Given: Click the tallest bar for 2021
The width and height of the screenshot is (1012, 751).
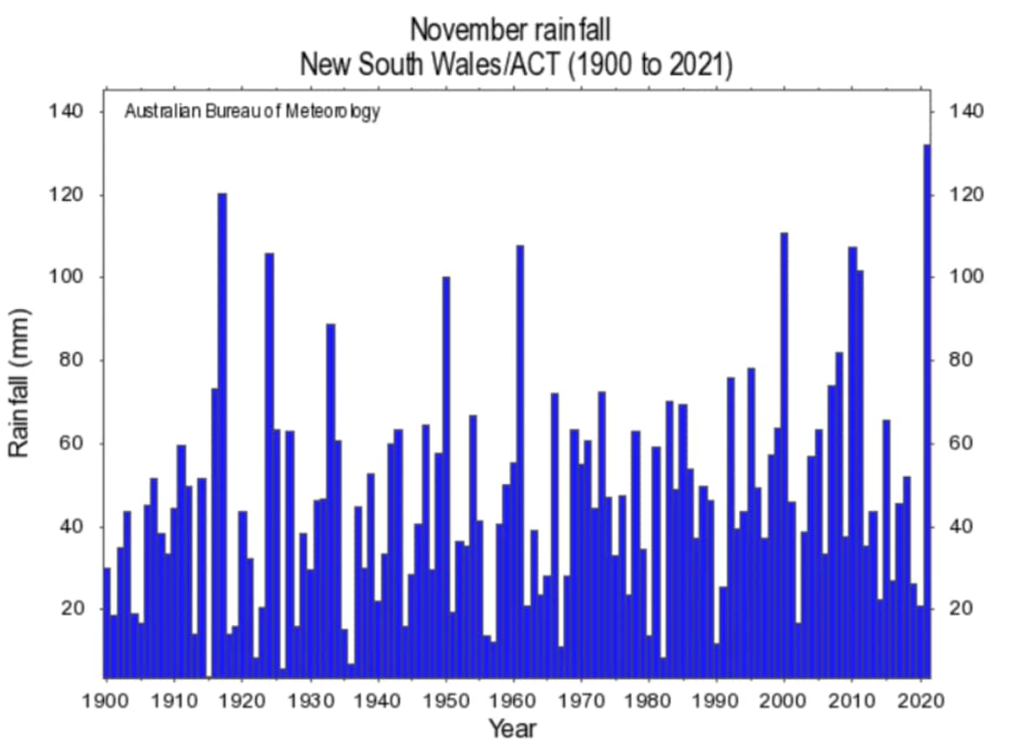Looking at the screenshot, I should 927,412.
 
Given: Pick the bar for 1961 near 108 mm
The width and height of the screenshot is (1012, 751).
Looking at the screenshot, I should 520,461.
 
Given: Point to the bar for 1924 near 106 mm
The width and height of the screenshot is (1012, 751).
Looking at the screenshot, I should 270,465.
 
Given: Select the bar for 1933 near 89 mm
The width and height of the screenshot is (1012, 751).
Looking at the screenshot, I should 331,501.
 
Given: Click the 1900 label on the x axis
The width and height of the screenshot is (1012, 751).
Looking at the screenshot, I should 106,699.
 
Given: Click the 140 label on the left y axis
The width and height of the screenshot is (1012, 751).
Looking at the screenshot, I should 67,112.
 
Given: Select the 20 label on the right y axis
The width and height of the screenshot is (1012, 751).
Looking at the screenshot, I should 962,608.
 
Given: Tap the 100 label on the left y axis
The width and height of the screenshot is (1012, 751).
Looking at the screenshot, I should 67,277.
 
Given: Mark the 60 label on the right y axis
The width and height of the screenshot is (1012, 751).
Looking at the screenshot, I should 962,443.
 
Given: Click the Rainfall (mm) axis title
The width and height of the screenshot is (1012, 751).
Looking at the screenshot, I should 20,383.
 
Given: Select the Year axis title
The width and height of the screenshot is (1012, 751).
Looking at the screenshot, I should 512,727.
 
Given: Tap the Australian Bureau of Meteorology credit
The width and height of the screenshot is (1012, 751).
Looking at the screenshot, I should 252,112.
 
